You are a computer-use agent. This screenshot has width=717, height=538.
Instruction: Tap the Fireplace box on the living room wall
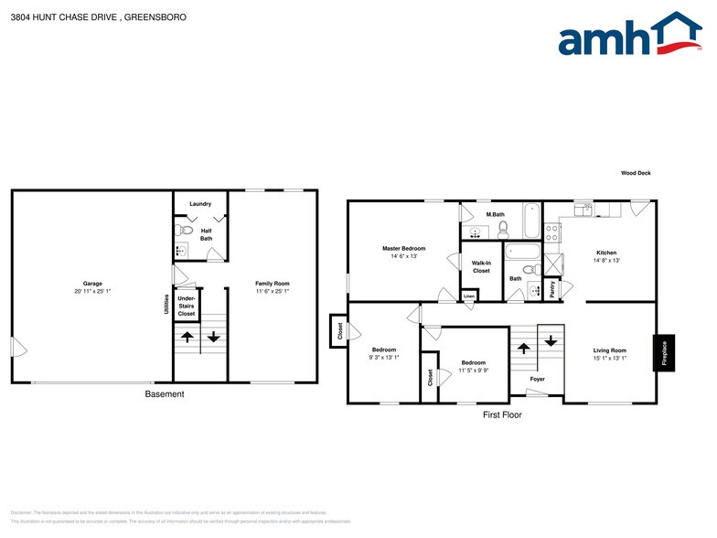tap(665, 353)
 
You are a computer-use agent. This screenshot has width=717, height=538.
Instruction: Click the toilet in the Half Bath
tap(183, 231)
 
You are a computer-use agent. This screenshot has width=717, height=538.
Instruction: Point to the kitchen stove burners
tap(552, 232)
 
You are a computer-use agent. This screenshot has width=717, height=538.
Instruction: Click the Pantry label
tap(551, 289)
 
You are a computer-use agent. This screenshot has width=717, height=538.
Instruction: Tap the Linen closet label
tap(469, 296)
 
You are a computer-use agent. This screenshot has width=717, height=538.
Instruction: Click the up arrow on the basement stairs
tap(187, 337)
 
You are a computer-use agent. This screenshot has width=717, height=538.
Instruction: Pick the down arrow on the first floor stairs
tap(551, 340)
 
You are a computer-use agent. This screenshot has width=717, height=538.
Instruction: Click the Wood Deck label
tap(635, 173)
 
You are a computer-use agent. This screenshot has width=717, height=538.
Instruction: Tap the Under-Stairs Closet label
tap(187, 306)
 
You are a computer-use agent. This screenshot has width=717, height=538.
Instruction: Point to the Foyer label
tap(537, 379)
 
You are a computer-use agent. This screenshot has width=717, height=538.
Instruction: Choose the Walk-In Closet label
tap(481, 267)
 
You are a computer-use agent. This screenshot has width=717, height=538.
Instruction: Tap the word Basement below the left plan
tap(165, 394)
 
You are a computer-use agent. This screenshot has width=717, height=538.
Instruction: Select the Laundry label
tap(200, 203)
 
